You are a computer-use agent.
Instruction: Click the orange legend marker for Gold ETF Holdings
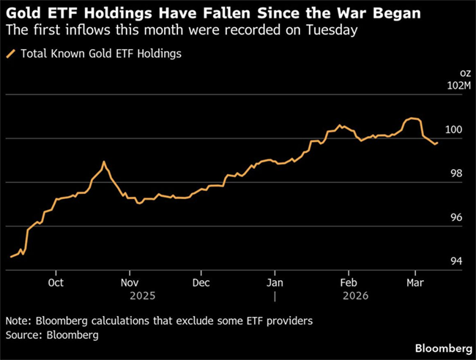click(x=10, y=53)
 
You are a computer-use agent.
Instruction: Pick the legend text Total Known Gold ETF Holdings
click(x=101, y=53)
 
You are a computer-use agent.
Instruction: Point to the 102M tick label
click(x=455, y=87)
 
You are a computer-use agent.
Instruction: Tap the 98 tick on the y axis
click(x=459, y=174)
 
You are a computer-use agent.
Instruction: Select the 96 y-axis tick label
click(x=459, y=218)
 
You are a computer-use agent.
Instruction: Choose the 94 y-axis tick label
click(x=459, y=261)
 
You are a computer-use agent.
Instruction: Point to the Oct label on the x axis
click(x=56, y=282)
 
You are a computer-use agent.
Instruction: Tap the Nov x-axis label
click(x=129, y=282)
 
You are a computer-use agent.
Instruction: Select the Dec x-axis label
click(x=201, y=282)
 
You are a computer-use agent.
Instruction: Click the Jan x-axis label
click(x=275, y=282)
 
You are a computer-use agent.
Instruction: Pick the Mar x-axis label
click(x=414, y=282)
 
